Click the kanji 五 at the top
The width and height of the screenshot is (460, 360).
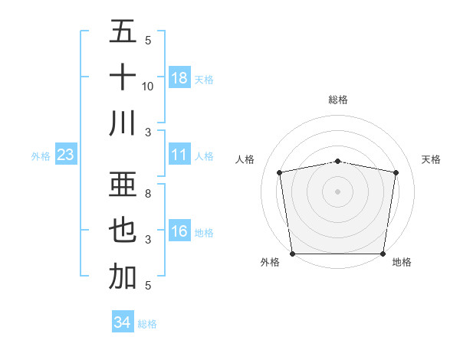click(123, 33)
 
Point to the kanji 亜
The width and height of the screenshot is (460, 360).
click(123, 186)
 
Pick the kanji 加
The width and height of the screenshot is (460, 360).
click(123, 277)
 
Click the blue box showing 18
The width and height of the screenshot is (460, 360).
click(179, 77)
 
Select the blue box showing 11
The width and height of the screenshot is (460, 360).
click(179, 155)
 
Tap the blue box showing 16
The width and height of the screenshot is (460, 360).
click(179, 232)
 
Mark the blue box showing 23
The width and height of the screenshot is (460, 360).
click(66, 155)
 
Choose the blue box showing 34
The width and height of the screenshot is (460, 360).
click(122, 322)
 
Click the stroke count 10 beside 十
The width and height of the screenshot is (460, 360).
click(148, 86)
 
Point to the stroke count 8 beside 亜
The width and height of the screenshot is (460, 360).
click(147, 195)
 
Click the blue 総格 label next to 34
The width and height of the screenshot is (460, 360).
click(147, 324)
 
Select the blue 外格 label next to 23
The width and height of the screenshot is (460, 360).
click(41, 156)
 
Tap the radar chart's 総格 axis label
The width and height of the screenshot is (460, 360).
click(338, 100)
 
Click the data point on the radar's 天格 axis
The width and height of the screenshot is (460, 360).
click(396, 172)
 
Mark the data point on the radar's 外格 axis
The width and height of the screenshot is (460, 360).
click(292, 254)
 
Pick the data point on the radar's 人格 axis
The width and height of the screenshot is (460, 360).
click(280, 172)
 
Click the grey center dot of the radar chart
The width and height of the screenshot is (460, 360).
click(338, 191)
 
